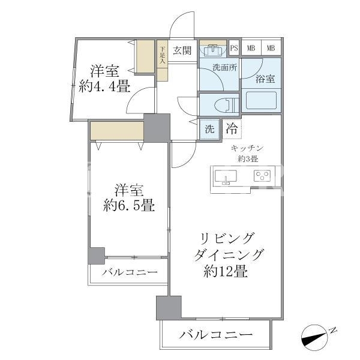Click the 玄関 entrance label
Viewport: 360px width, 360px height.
pos(182,50)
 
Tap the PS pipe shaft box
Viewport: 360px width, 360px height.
pos(234,48)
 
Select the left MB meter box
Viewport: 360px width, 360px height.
pos(251,48)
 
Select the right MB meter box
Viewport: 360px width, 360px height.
pos(271,48)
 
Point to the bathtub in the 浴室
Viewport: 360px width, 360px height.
pos(261,101)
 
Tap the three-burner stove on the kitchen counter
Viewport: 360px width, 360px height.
pos(262,176)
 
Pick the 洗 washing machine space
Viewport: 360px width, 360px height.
pos(209,129)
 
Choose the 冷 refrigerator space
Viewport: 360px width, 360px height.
pos(232,129)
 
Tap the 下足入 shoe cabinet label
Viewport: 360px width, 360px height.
pos(163,55)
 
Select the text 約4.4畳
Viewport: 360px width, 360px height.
pos(104,86)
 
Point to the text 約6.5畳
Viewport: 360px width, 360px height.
pos(129,205)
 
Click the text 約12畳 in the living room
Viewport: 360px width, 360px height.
pos(226,271)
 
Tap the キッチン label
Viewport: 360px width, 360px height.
pos(247,148)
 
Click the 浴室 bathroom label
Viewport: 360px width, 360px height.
pos(265,79)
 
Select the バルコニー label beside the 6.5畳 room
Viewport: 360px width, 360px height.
pos(130,272)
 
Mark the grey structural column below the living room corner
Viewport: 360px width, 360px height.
pos(169,308)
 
